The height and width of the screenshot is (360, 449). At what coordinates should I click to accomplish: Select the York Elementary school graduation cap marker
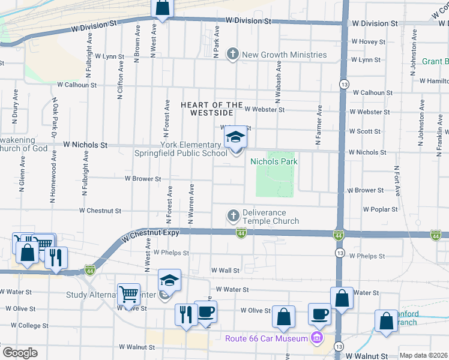pos(235,139)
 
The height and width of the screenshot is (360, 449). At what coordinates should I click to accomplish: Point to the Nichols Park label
pos(274,161)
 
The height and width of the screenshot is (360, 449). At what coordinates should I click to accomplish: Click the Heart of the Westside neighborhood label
pos(206,109)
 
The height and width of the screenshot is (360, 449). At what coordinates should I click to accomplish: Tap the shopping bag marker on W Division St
pos(162,8)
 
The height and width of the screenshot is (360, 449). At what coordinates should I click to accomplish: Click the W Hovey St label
pos(368,41)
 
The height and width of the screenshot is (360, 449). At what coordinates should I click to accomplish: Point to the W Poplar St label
pos(380,209)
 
